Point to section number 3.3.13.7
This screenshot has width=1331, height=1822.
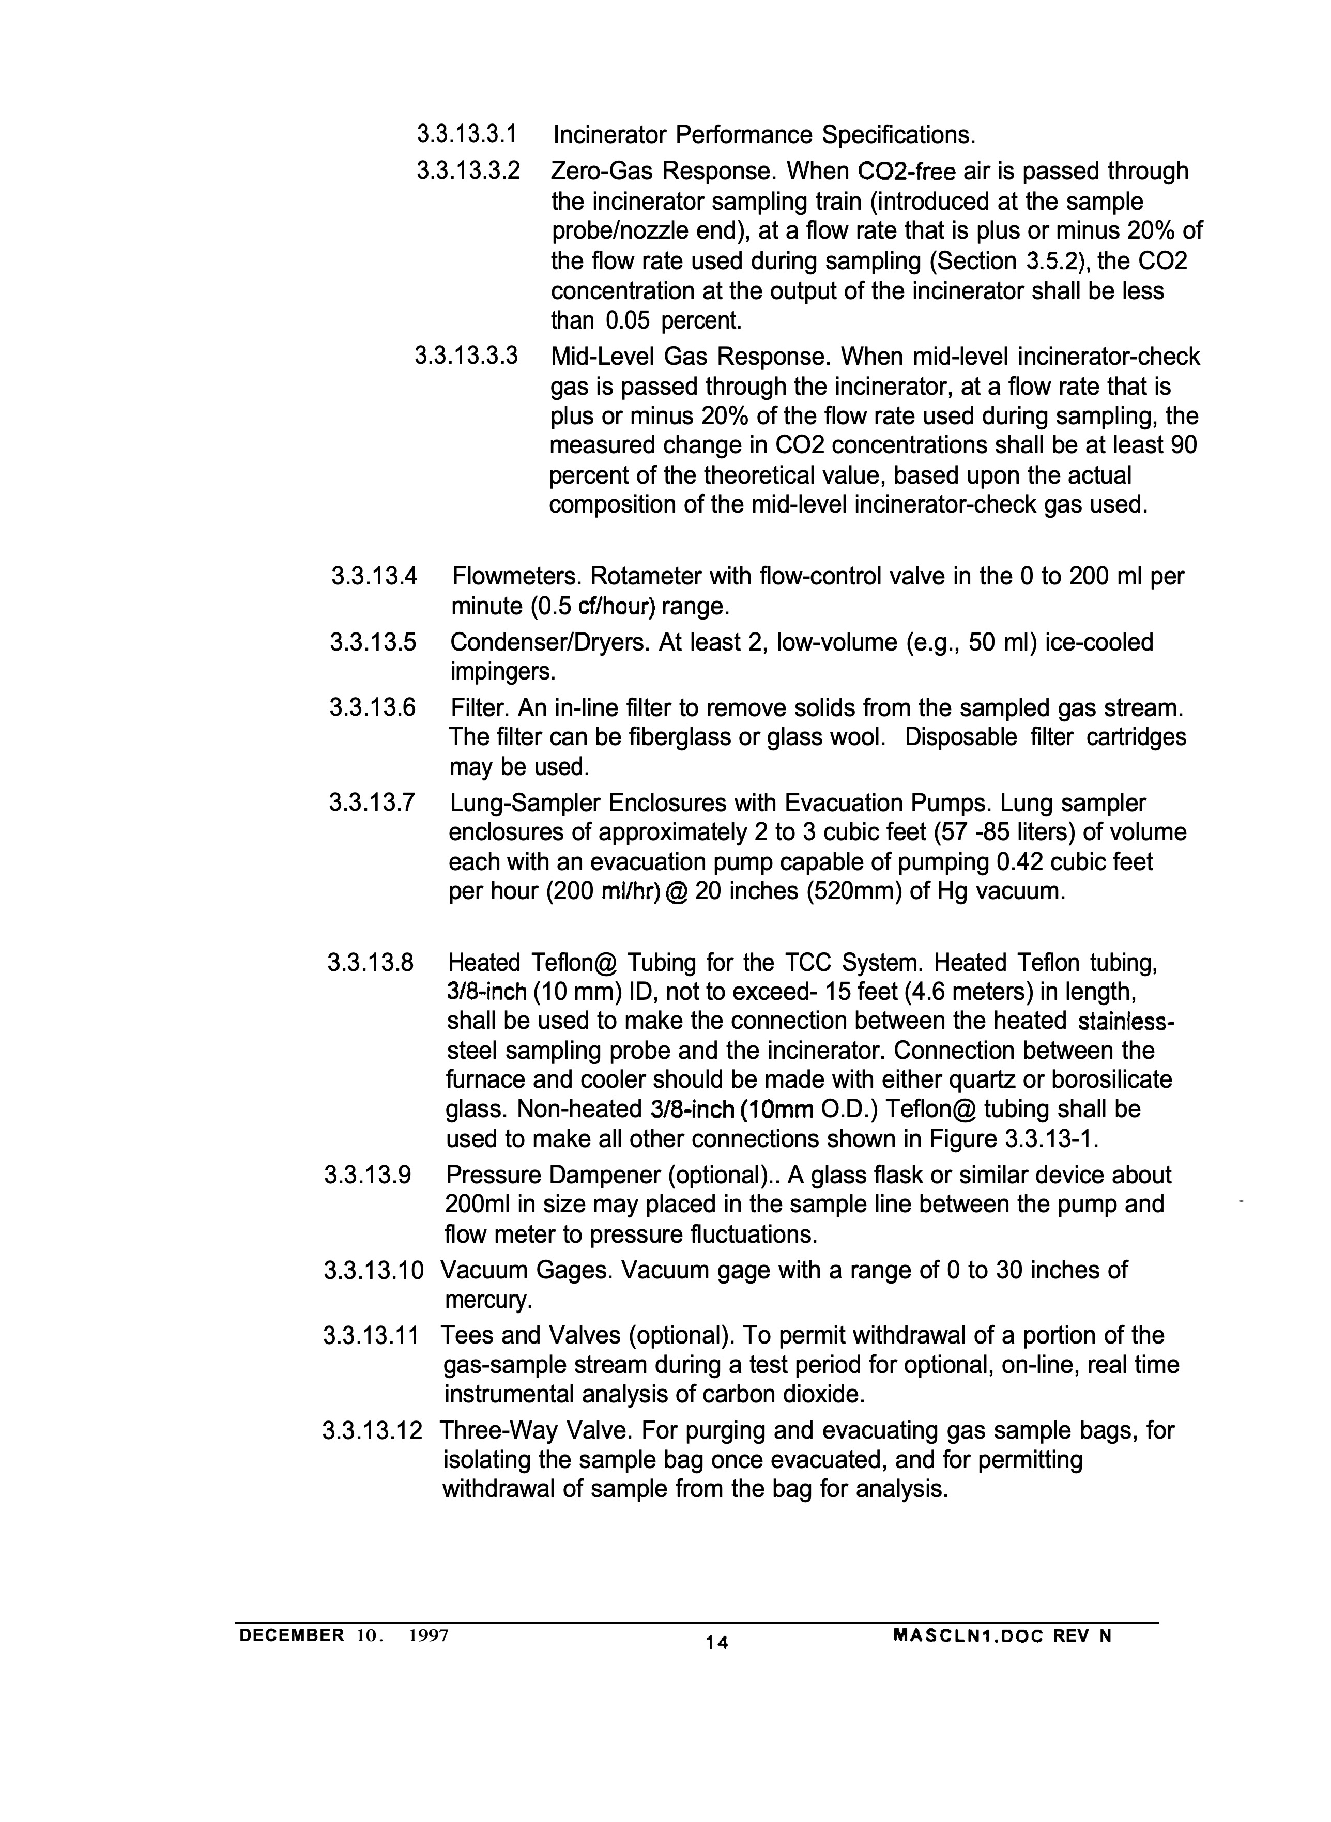(x=372, y=803)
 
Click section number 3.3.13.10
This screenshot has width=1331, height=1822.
(x=373, y=1270)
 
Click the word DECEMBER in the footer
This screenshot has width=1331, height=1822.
(x=292, y=1635)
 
